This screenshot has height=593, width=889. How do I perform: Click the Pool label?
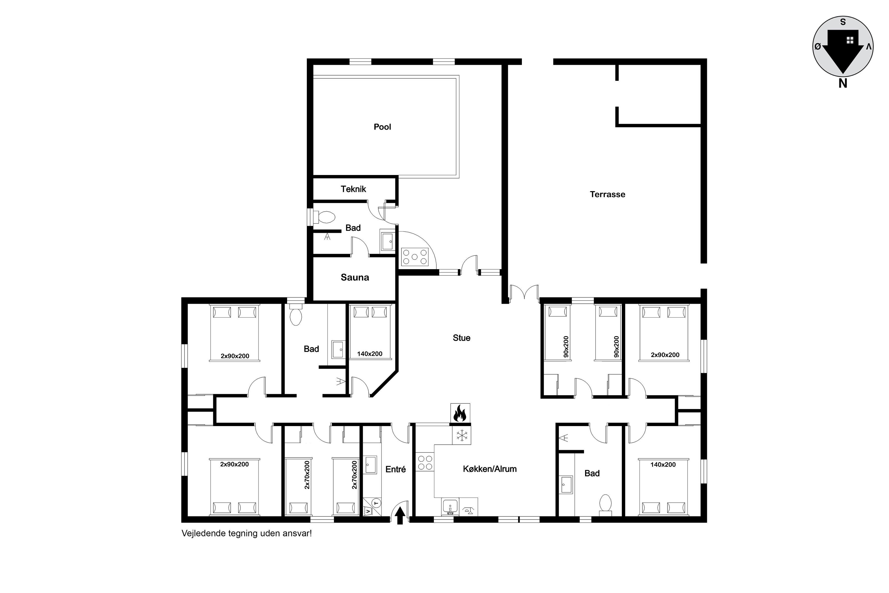tap(382, 127)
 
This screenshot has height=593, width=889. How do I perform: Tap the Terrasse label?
tap(607, 194)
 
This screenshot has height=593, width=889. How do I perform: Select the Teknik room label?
tap(353, 189)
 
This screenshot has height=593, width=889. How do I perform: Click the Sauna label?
tap(355, 277)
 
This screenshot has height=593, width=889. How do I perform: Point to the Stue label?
tap(461, 338)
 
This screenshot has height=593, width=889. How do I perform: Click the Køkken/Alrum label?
tap(490, 469)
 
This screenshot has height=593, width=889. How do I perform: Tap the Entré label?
tap(395, 469)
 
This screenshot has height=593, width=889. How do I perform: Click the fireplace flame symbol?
tap(460, 413)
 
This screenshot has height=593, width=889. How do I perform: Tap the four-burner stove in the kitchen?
tap(425, 462)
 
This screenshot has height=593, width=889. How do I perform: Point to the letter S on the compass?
tap(843, 22)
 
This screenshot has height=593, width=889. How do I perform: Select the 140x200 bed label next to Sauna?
tap(370, 353)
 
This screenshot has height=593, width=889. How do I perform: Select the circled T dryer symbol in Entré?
tap(376, 503)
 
